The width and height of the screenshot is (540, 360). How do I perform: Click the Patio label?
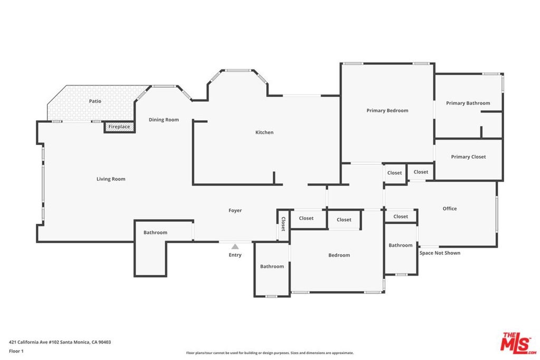[x=95, y=101]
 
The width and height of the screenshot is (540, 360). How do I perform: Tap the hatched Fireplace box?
[x=119, y=127]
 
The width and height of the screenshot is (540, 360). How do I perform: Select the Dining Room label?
[x=163, y=120]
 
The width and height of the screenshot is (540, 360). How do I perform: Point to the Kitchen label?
[x=264, y=132]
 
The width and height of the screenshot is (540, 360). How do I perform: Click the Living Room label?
[x=111, y=179]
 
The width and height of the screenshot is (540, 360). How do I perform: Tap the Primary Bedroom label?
[x=387, y=111]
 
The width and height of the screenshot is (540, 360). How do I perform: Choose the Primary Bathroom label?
[x=468, y=103]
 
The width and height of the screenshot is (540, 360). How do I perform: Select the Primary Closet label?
[x=468, y=157]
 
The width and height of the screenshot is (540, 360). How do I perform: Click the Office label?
[x=449, y=209]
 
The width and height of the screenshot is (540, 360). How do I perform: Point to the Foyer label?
[x=235, y=210]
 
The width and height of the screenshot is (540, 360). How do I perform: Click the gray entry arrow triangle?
[x=235, y=247]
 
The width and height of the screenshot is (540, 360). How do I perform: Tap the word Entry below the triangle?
[x=235, y=255]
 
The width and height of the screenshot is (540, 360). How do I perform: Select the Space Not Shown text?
[x=440, y=253]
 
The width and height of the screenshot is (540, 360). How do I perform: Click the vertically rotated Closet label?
[x=283, y=223]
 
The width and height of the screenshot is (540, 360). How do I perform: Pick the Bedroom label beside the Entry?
[x=339, y=255]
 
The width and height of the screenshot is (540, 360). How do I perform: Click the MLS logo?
[x=518, y=343]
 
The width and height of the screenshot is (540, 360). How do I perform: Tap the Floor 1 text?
[x=16, y=351]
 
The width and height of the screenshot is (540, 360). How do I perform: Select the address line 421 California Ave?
[x=60, y=342]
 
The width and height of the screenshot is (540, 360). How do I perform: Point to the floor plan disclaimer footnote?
[x=269, y=353]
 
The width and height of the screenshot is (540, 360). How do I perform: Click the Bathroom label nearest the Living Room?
[x=156, y=232]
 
